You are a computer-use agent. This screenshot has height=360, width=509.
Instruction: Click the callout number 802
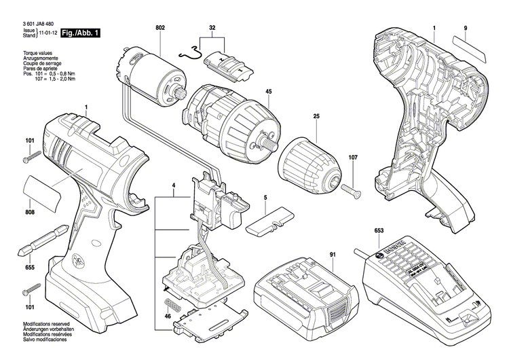pyautogui.click(x=159, y=27)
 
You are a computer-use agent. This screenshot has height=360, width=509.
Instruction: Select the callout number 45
pyautogui.click(x=269, y=92)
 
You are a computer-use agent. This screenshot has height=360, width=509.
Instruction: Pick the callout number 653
pyautogui.click(x=378, y=231)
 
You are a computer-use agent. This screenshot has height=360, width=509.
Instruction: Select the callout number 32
pyautogui.click(x=212, y=27)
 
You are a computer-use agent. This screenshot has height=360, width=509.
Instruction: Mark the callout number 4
pyautogui.click(x=174, y=185)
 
